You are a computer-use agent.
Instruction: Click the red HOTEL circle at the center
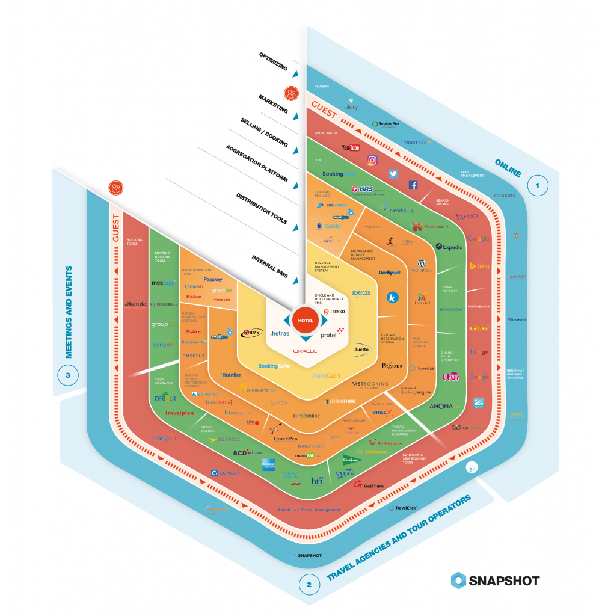(306, 320)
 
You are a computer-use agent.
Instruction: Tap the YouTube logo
(350, 147)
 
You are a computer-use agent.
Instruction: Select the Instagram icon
(372, 160)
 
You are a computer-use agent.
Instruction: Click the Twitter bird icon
(393, 173)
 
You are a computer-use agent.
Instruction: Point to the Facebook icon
(413, 185)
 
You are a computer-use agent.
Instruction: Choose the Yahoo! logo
(467, 217)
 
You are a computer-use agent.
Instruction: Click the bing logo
(479, 265)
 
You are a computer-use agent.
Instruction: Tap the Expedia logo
(449, 247)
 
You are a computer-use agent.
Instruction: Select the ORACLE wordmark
(305, 350)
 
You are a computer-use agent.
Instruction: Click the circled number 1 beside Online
(538, 186)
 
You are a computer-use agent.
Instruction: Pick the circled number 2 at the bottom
(309, 584)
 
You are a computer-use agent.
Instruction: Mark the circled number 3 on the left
(68, 376)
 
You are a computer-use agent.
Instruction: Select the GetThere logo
(369, 484)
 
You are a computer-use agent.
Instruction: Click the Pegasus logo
(392, 365)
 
